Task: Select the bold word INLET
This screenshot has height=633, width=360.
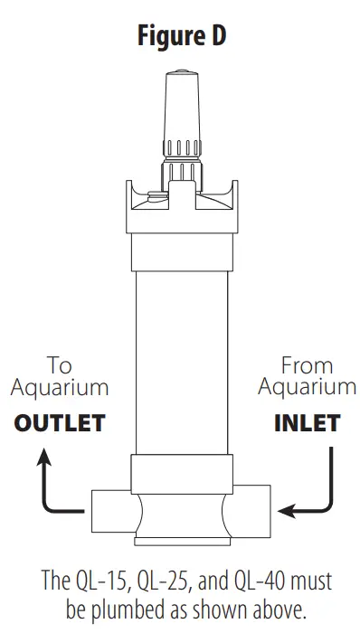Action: click(307, 423)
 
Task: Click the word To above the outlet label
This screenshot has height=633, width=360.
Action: click(60, 366)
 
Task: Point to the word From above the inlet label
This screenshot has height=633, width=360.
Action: click(307, 366)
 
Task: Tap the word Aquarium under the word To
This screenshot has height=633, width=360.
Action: click(60, 389)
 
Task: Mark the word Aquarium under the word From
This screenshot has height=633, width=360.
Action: click(307, 389)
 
